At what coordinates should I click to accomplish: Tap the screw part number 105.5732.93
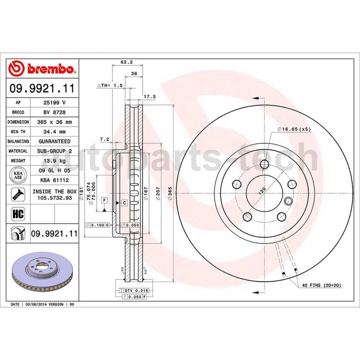(54, 198)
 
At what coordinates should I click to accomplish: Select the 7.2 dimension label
(105, 139)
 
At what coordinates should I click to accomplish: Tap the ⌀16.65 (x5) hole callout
(294, 129)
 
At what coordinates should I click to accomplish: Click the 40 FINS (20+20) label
(321, 285)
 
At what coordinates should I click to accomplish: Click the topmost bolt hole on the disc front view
(265, 164)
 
